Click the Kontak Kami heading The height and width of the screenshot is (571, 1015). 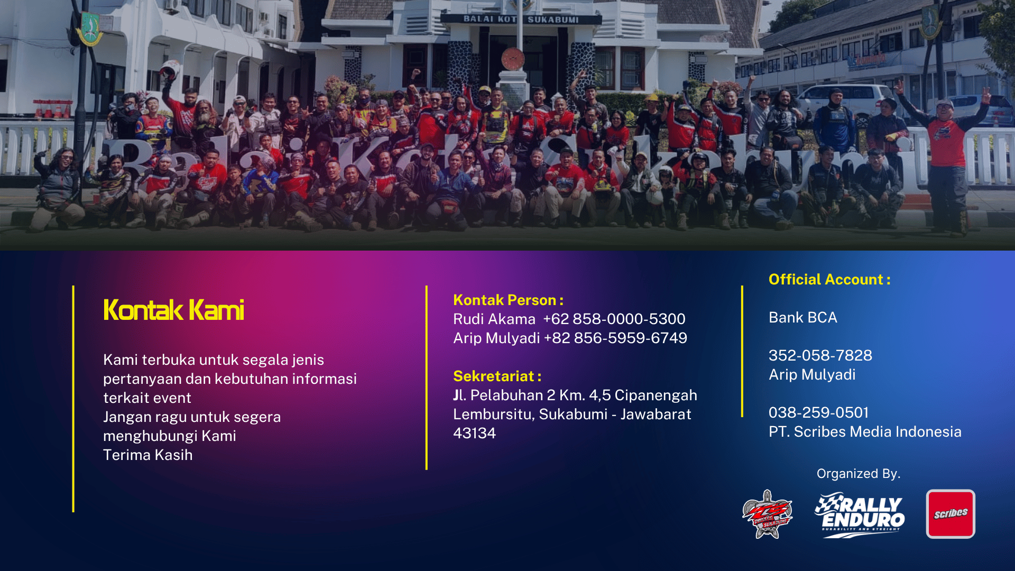173,310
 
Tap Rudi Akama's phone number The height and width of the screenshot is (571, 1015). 614,319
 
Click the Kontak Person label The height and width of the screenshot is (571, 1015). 508,300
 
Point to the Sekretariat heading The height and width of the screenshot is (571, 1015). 497,376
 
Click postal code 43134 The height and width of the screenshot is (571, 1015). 474,433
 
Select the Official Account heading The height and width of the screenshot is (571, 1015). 829,279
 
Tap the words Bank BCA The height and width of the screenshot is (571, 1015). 803,317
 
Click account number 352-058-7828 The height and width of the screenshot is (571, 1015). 820,355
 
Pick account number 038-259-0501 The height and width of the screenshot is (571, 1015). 819,412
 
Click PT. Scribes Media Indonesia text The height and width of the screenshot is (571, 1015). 865,431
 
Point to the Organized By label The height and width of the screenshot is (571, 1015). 859,474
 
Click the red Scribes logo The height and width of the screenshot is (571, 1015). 951,514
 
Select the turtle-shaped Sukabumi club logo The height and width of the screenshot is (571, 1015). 767,514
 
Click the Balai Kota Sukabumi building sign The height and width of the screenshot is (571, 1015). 521,20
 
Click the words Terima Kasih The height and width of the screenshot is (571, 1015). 147,455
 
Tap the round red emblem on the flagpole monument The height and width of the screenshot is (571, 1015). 512,59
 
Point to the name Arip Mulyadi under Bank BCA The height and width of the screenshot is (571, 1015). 812,374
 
